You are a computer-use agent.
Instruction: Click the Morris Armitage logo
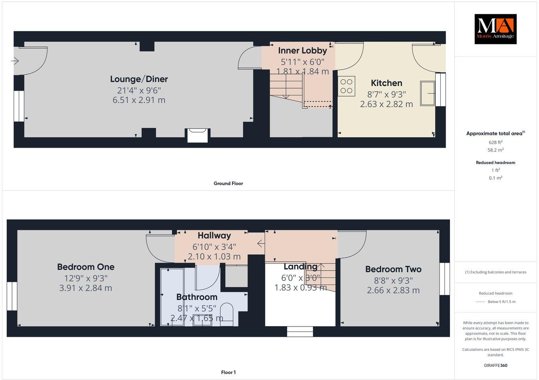pyautogui.click(x=495, y=29)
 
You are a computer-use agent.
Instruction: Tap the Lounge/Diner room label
pyautogui.click(x=139, y=79)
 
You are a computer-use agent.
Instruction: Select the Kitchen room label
pyautogui.click(x=386, y=83)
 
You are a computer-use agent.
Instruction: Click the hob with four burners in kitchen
pyautogui.click(x=347, y=86)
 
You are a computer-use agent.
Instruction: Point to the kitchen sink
pyautogui.click(x=428, y=93)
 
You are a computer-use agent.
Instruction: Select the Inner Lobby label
pyautogui.click(x=302, y=51)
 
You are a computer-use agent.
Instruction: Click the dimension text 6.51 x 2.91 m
pyautogui.click(x=139, y=100)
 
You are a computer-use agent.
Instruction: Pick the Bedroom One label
pyautogui.click(x=85, y=267)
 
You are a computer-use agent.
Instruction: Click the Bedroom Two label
pyautogui.click(x=393, y=269)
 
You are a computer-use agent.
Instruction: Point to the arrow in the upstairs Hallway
pyautogui.click(x=261, y=243)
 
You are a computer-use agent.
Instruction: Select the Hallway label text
pyautogui.click(x=214, y=236)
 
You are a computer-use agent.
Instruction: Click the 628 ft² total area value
pyautogui.click(x=495, y=142)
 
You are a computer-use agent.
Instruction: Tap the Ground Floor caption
pyautogui.click(x=228, y=184)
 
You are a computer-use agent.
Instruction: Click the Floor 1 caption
pyautogui.click(x=228, y=372)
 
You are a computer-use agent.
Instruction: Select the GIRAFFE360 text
pyautogui.click(x=495, y=365)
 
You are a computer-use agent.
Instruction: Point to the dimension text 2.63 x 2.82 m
pyautogui.click(x=386, y=104)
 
